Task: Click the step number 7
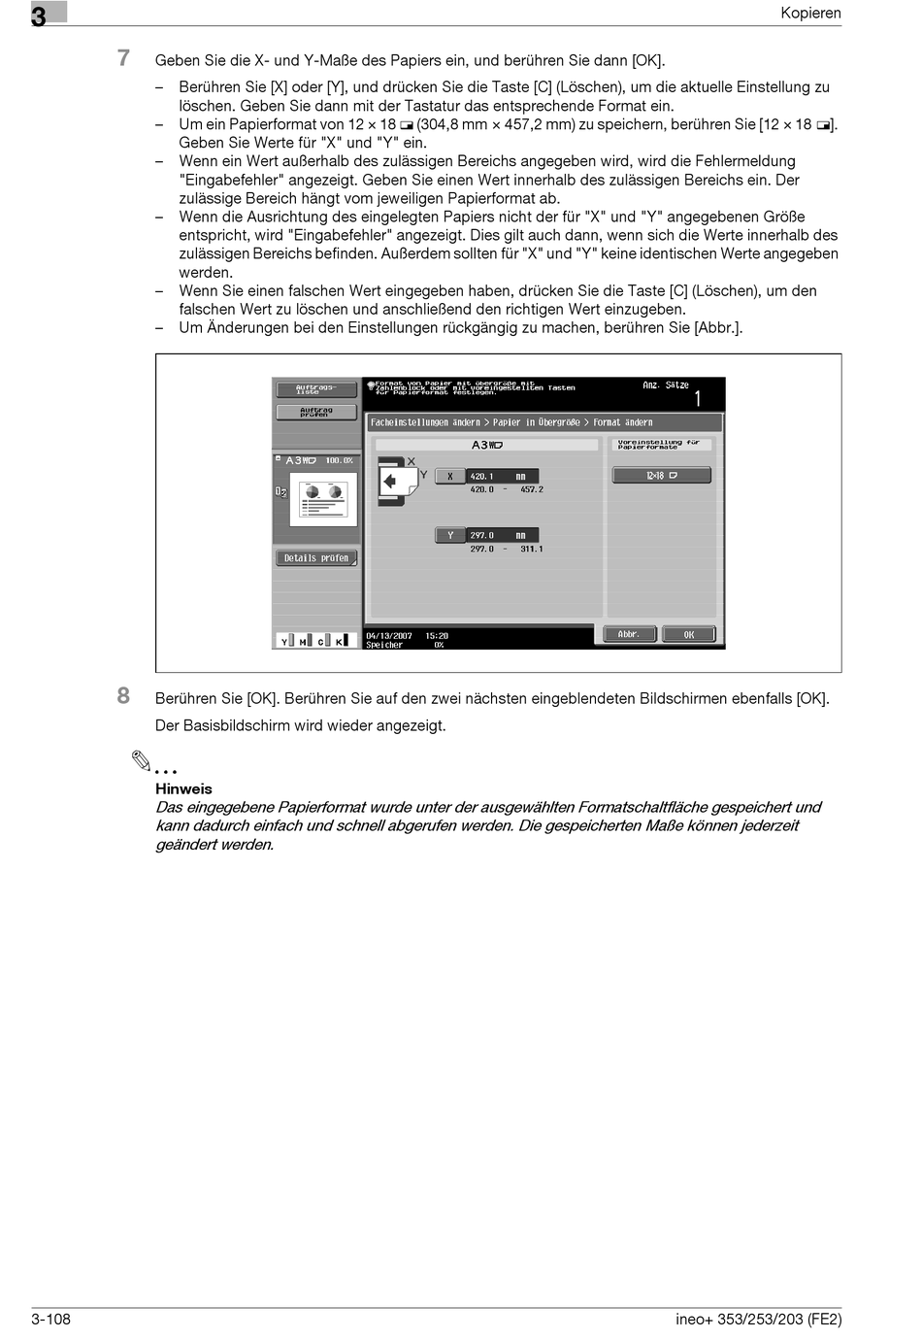[123, 58]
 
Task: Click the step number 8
[123, 695]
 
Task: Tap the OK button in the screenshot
[689, 634]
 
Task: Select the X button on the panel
[450, 477]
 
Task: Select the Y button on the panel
[450, 535]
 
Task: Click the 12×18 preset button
[661, 476]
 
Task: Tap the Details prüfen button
[315, 558]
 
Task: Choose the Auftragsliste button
[315, 389]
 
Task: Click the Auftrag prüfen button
[315, 412]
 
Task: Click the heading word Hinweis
[183, 788]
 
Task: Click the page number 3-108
[51, 1319]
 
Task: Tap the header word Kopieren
[810, 13]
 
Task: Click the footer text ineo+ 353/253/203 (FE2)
[758, 1319]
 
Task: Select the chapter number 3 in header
[39, 16]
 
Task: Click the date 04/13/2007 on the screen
[389, 636]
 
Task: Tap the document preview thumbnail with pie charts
[323, 498]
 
